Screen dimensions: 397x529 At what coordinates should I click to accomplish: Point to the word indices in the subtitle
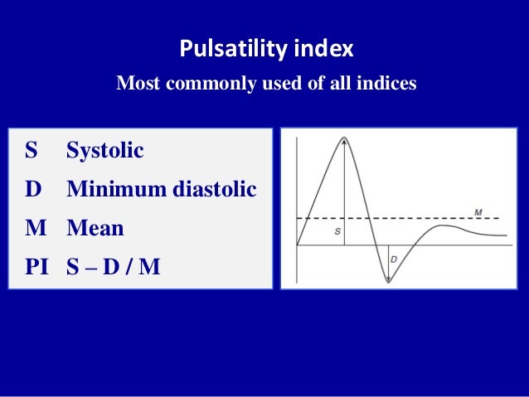[387, 84]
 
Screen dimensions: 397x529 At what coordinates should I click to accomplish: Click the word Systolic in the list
[105, 151]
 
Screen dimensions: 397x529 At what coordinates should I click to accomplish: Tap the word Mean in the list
[95, 228]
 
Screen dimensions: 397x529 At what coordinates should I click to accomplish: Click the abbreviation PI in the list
[36, 266]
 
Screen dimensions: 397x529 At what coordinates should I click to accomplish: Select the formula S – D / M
[113, 266]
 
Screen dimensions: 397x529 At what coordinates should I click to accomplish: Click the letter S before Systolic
[32, 151]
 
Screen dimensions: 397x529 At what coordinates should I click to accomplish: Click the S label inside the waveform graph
[337, 232]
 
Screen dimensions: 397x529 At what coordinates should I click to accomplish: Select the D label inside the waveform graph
[393, 260]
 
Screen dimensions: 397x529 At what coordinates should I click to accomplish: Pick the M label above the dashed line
[478, 212]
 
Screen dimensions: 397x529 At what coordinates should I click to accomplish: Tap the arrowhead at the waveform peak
[343, 141]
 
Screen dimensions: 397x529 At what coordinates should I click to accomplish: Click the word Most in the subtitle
[136, 84]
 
